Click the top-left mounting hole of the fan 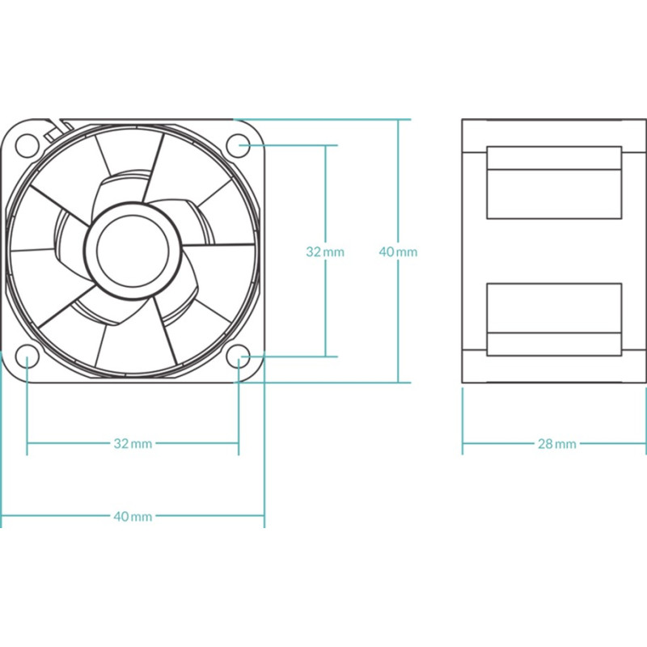point(27,146)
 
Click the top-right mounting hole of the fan point(239,146)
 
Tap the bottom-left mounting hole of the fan point(27,357)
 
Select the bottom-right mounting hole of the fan point(239,357)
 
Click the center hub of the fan point(133,251)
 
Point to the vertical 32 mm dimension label point(325,252)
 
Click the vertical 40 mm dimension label point(398,252)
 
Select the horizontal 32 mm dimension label point(133,443)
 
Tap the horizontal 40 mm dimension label point(133,516)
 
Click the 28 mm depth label point(557,444)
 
